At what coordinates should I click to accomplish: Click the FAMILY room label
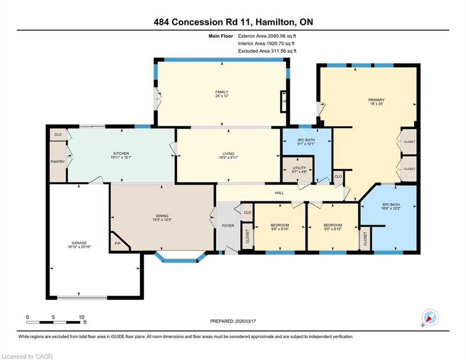pyautogui.click(x=222, y=92)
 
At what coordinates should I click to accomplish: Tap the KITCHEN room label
pyautogui.click(x=121, y=153)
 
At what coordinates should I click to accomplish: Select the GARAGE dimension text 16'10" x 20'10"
pyautogui.click(x=79, y=247)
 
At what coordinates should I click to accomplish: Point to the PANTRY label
pyautogui.click(x=58, y=162)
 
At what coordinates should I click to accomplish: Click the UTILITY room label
pyautogui.click(x=299, y=168)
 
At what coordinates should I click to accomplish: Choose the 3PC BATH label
pyautogui.click(x=306, y=140)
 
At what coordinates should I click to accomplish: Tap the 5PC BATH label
pyautogui.click(x=391, y=204)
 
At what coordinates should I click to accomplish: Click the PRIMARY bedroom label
pyautogui.click(x=376, y=100)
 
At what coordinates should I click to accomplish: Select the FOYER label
pyautogui.click(x=228, y=225)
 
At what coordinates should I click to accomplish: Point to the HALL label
pyautogui.click(x=279, y=193)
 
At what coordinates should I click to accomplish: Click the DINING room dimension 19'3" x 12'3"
pyautogui.click(x=162, y=220)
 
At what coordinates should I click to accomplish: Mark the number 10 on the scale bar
pyautogui.click(x=81, y=317)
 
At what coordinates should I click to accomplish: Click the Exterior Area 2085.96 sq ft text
pyautogui.click(x=267, y=36)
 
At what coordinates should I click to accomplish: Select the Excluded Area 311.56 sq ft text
pyautogui.click(x=267, y=51)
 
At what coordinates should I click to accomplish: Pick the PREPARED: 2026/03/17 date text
pyautogui.click(x=233, y=321)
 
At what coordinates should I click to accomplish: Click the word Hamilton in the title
pyautogui.click(x=276, y=22)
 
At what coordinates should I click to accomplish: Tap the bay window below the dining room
pyautogui.click(x=180, y=258)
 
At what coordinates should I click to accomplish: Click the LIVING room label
pyautogui.click(x=228, y=154)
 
